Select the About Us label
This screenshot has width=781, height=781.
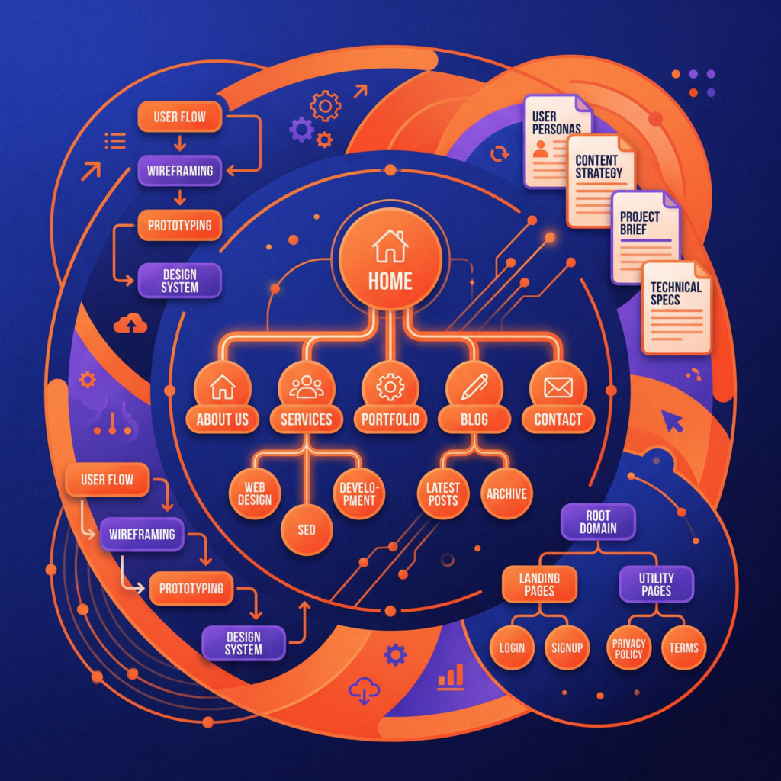(x=223, y=419)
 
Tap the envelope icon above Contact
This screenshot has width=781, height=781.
(x=558, y=388)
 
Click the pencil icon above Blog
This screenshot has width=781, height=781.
(x=474, y=388)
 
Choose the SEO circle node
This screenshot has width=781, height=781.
(x=307, y=529)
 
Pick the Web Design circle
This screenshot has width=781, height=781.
(x=254, y=493)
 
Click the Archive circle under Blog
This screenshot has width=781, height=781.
(x=506, y=493)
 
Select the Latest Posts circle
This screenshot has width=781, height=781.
(x=442, y=493)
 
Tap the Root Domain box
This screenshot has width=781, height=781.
(x=598, y=521)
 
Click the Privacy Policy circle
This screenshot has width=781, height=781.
(x=628, y=648)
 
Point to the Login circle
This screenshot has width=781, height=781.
(x=512, y=648)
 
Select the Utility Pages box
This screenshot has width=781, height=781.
(x=656, y=584)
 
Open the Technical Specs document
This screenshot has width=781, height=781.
(x=676, y=307)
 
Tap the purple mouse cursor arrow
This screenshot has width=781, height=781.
(x=672, y=420)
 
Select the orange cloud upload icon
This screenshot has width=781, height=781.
(x=130, y=324)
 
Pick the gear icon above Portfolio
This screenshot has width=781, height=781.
(x=390, y=388)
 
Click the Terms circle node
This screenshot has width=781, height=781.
(x=683, y=648)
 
